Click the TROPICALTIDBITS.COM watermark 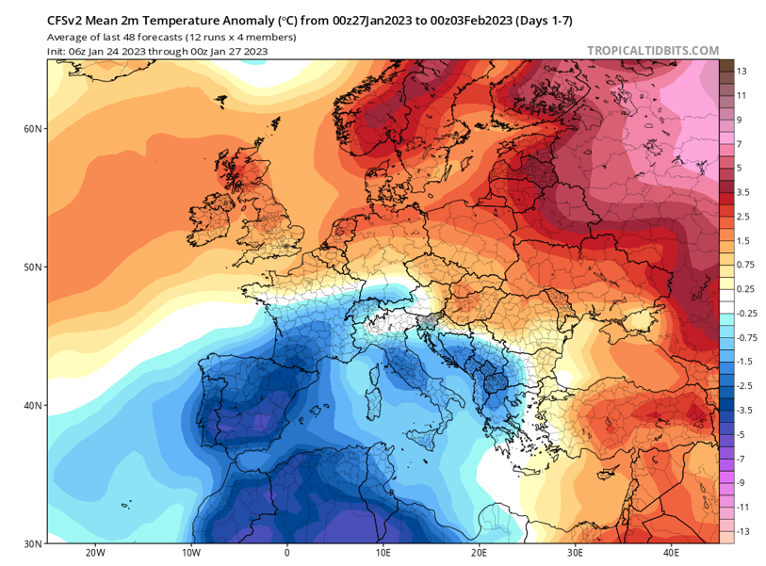click(x=652, y=51)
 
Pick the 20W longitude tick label click(x=94, y=554)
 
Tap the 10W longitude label click(x=190, y=554)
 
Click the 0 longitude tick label click(x=286, y=554)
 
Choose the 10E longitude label click(x=383, y=554)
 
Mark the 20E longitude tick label click(x=480, y=554)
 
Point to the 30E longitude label click(x=576, y=554)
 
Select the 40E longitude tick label click(x=672, y=554)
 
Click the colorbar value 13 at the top click(x=742, y=72)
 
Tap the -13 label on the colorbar click(x=743, y=532)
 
